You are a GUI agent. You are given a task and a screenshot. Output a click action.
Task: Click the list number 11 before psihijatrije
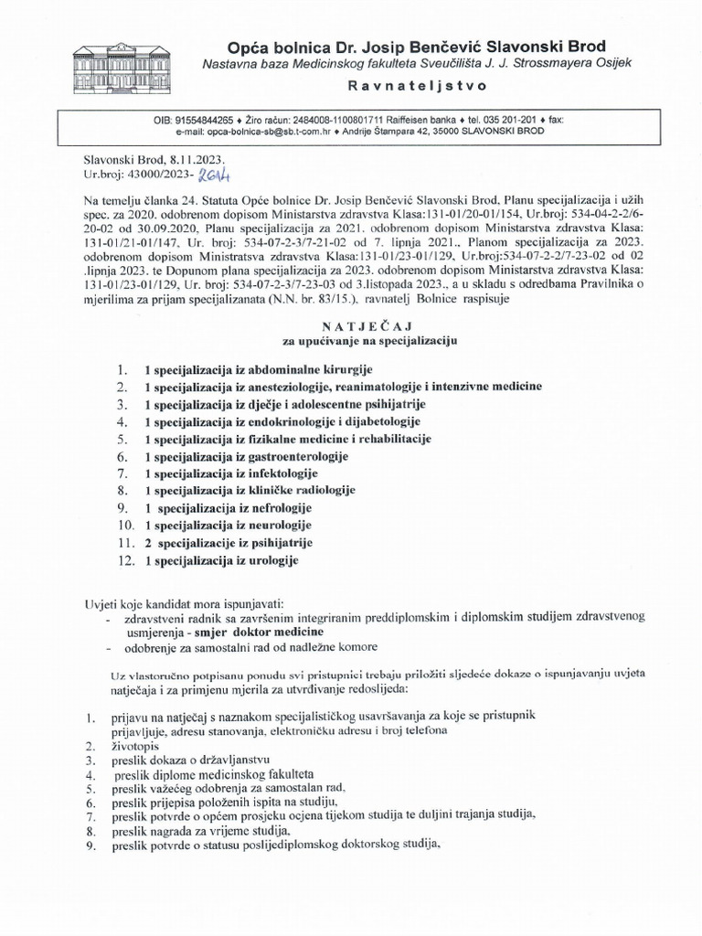125,543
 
